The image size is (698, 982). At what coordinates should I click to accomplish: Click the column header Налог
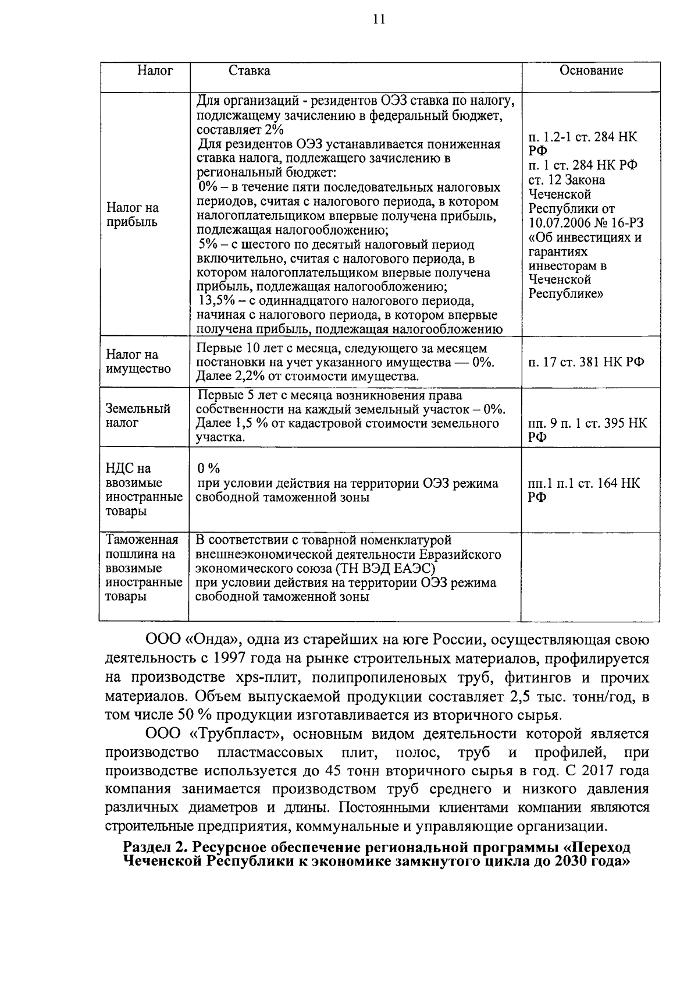[x=155, y=71]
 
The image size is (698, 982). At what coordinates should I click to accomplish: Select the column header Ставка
[x=249, y=71]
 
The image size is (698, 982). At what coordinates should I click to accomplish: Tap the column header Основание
[x=591, y=70]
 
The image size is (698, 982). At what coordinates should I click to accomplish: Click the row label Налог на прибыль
[x=133, y=215]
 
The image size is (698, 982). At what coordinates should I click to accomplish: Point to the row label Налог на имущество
[x=130, y=361]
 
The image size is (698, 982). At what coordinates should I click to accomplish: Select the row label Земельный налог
[x=138, y=416]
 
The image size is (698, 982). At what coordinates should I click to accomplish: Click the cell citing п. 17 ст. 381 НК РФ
[x=586, y=362]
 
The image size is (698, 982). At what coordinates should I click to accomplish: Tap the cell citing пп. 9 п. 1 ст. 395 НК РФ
[x=586, y=430]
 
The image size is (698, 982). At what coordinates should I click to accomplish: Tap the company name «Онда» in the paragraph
[x=213, y=640]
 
